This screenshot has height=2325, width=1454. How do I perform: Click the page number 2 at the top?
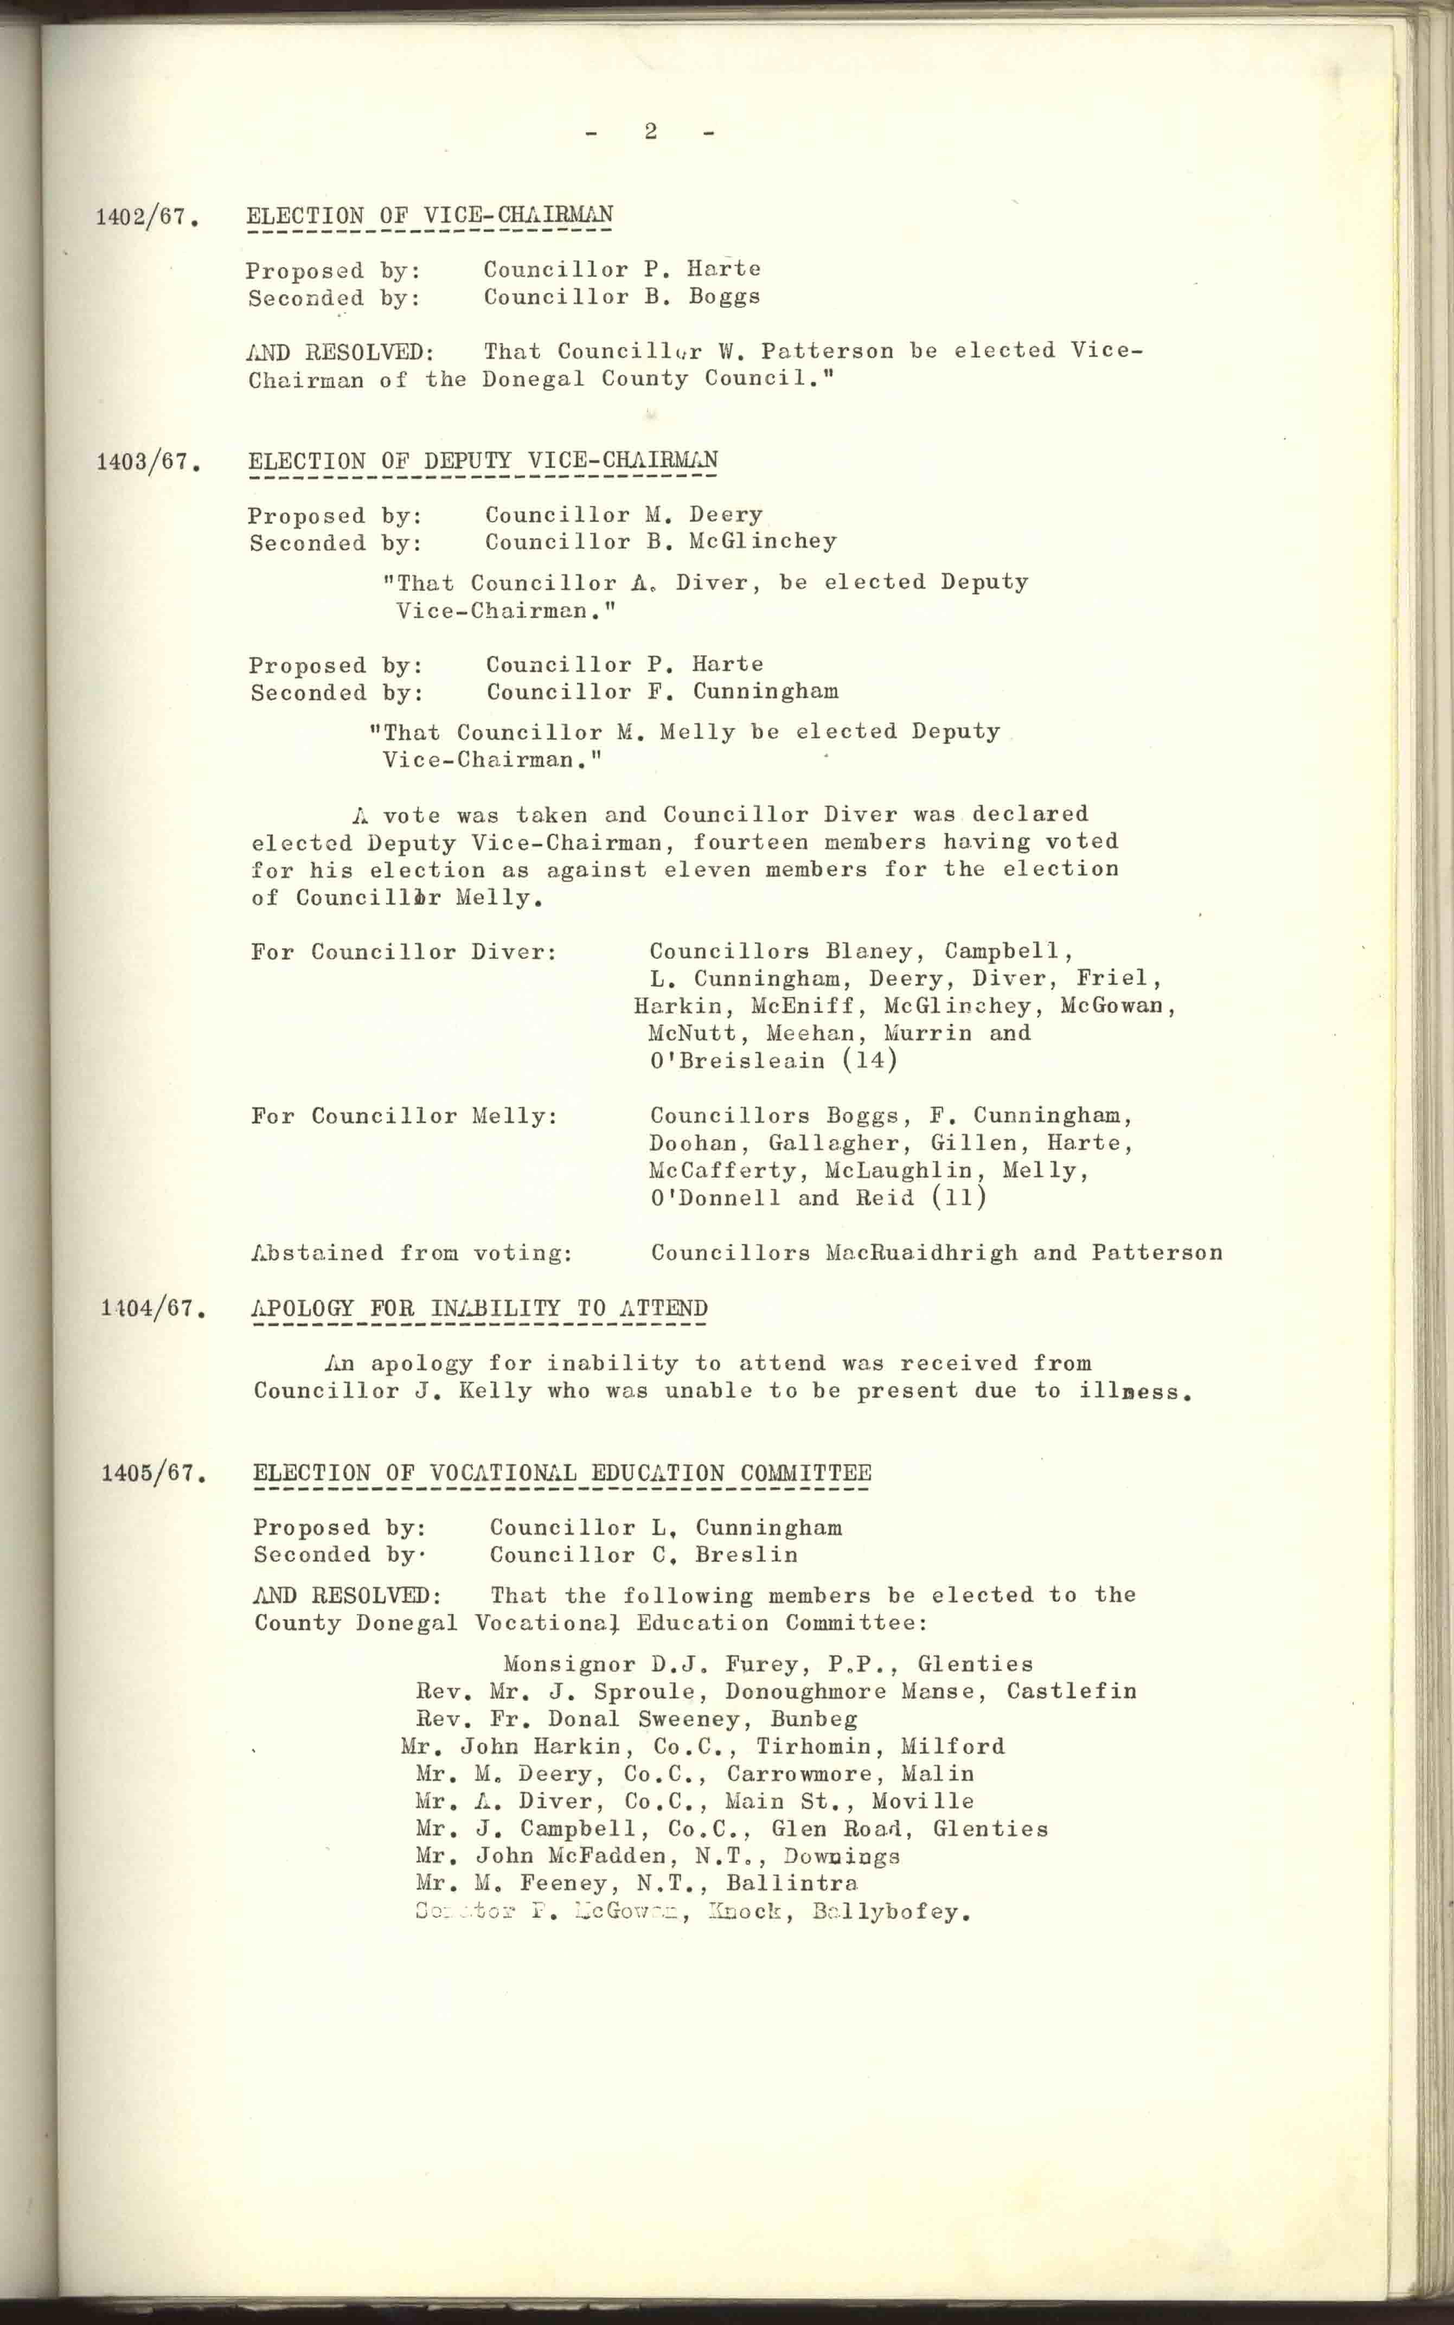pyautogui.click(x=651, y=132)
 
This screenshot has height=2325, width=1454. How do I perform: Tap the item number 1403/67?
pyautogui.click(x=147, y=463)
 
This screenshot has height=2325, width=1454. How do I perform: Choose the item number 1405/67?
pyautogui.click(x=153, y=1474)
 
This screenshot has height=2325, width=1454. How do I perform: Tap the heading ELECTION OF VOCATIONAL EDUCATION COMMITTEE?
pyautogui.click(x=562, y=1473)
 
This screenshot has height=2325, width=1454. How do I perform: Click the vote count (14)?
pyautogui.click(x=869, y=1061)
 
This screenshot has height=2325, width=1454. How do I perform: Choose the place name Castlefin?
pyautogui.click(x=1071, y=1692)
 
